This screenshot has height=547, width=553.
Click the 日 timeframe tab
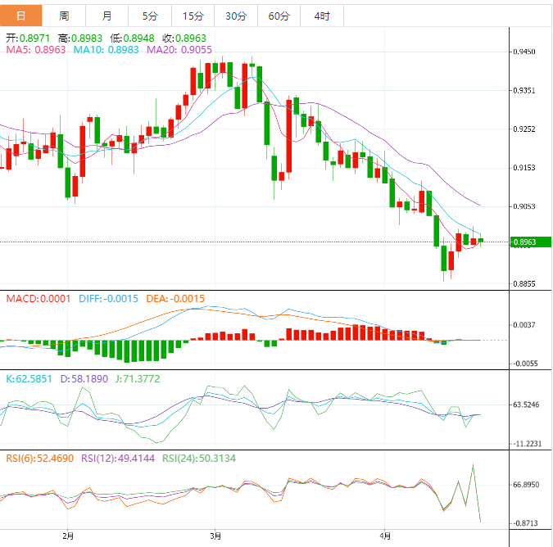(21, 16)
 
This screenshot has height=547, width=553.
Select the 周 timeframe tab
(65, 16)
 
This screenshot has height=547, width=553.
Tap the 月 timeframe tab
(108, 16)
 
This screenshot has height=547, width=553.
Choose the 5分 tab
(150, 16)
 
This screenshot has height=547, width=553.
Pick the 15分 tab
(193, 16)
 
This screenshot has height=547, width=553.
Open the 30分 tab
(235, 16)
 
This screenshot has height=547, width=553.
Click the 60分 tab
(279, 16)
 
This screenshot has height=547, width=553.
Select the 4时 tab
(322, 16)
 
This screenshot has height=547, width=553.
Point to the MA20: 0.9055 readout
(179, 50)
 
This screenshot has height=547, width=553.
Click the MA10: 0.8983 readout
(107, 50)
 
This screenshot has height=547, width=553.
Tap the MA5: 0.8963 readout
(36, 50)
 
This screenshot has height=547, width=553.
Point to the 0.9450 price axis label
(524, 52)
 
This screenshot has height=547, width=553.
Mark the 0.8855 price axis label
(524, 284)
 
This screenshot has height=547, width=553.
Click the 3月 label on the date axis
(215, 537)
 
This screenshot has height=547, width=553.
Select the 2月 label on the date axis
(68, 537)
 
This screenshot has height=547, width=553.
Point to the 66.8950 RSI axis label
(526, 485)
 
